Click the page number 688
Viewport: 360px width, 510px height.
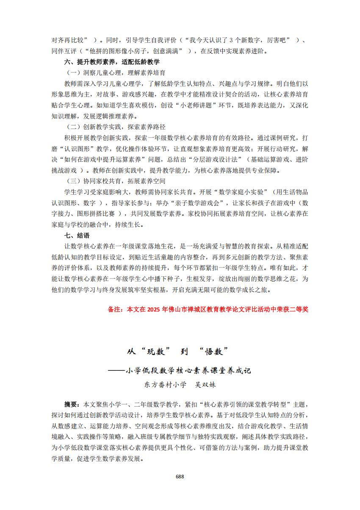coord(180,476)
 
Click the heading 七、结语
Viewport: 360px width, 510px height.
coord(77,235)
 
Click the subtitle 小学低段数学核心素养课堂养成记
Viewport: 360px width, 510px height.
coord(188,370)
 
